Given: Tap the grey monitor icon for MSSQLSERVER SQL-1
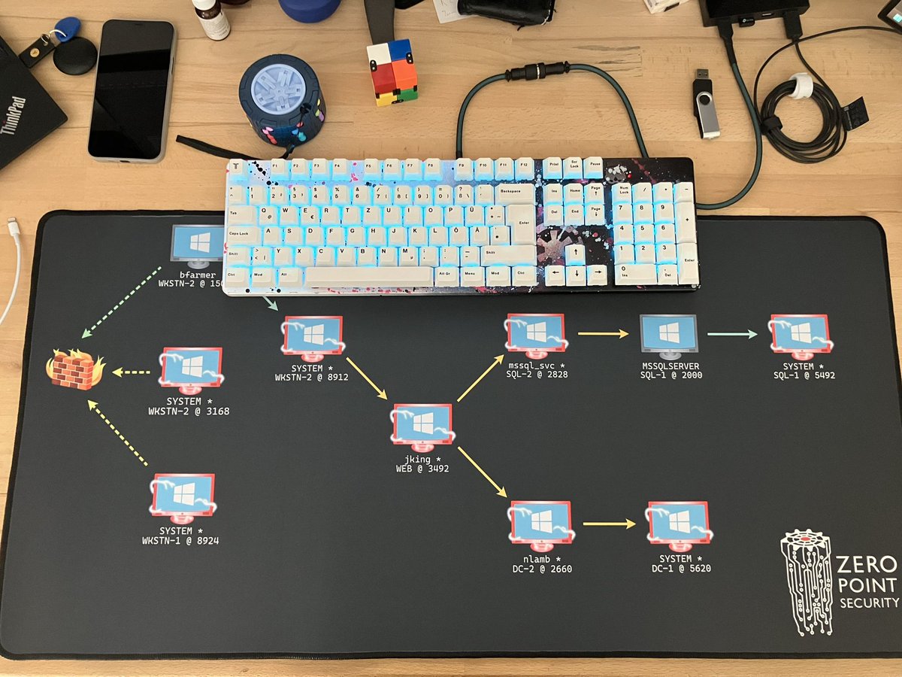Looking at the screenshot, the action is point(668,337).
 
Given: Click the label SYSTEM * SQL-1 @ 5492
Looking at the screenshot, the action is point(798,370).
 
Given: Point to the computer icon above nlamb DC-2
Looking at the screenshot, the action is point(539,523).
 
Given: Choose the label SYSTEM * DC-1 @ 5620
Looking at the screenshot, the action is point(681,563).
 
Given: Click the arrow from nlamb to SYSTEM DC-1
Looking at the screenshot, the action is point(610,523).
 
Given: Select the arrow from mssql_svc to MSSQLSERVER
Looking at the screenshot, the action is point(602,333).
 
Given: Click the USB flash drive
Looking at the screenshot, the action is point(706,105).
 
